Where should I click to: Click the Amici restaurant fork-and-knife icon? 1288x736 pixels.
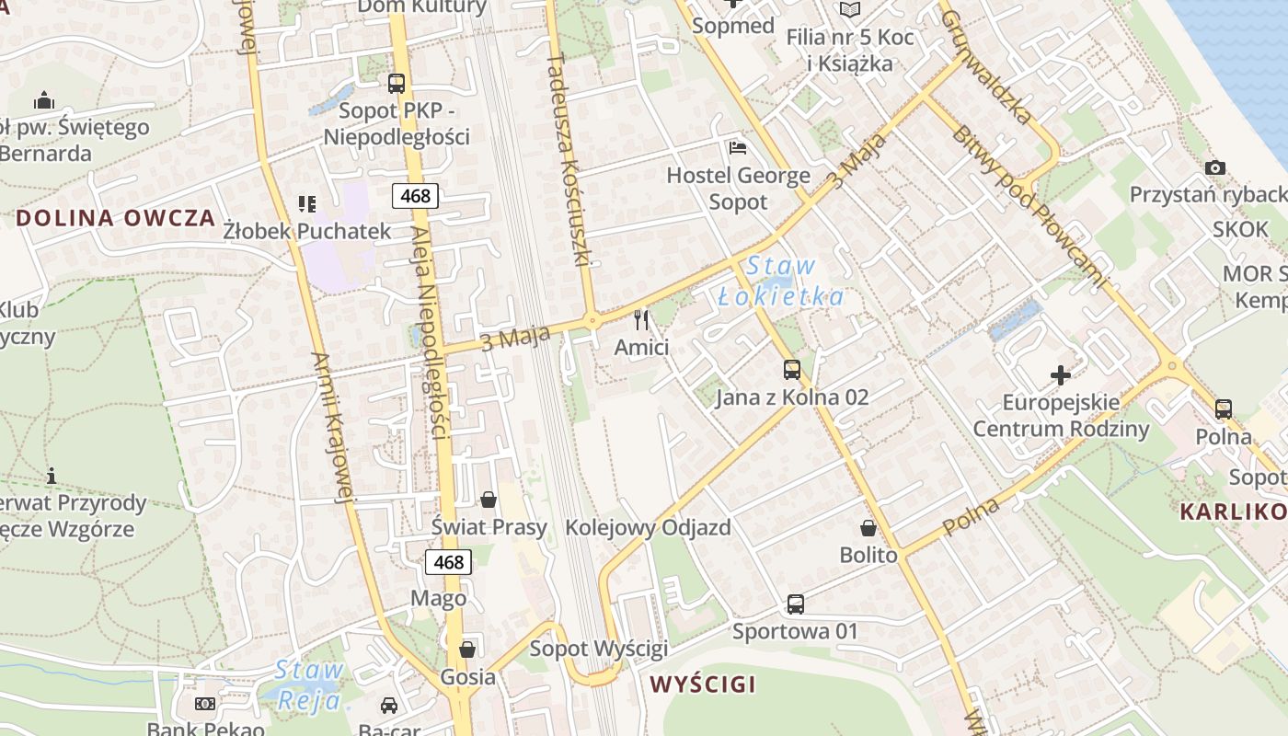click(x=641, y=320)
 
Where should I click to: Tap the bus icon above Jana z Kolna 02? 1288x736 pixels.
click(x=791, y=370)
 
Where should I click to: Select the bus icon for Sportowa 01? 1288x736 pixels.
click(x=795, y=604)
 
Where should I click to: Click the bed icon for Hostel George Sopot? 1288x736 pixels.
click(x=737, y=147)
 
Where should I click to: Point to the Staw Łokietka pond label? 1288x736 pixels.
click(x=780, y=282)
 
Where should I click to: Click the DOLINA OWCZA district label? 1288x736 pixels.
click(x=116, y=219)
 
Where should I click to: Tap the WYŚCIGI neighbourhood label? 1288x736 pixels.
click(x=703, y=684)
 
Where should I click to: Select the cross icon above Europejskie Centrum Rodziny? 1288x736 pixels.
click(x=1061, y=375)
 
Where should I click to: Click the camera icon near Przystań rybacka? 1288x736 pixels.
click(x=1214, y=167)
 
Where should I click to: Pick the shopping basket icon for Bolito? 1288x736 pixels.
click(x=868, y=528)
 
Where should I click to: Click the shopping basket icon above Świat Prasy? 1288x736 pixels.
click(x=489, y=500)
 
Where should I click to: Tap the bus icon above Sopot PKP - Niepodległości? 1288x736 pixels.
click(x=397, y=84)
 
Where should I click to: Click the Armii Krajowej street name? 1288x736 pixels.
click(x=332, y=428)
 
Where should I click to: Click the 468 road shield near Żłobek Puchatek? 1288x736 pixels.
click(x=415, y=195)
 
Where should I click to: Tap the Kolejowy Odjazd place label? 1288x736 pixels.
click(x=648, y=528)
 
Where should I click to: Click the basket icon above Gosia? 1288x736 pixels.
click(x=467, y=650)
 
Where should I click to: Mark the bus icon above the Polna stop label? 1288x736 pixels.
click(x=1223, y=409)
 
